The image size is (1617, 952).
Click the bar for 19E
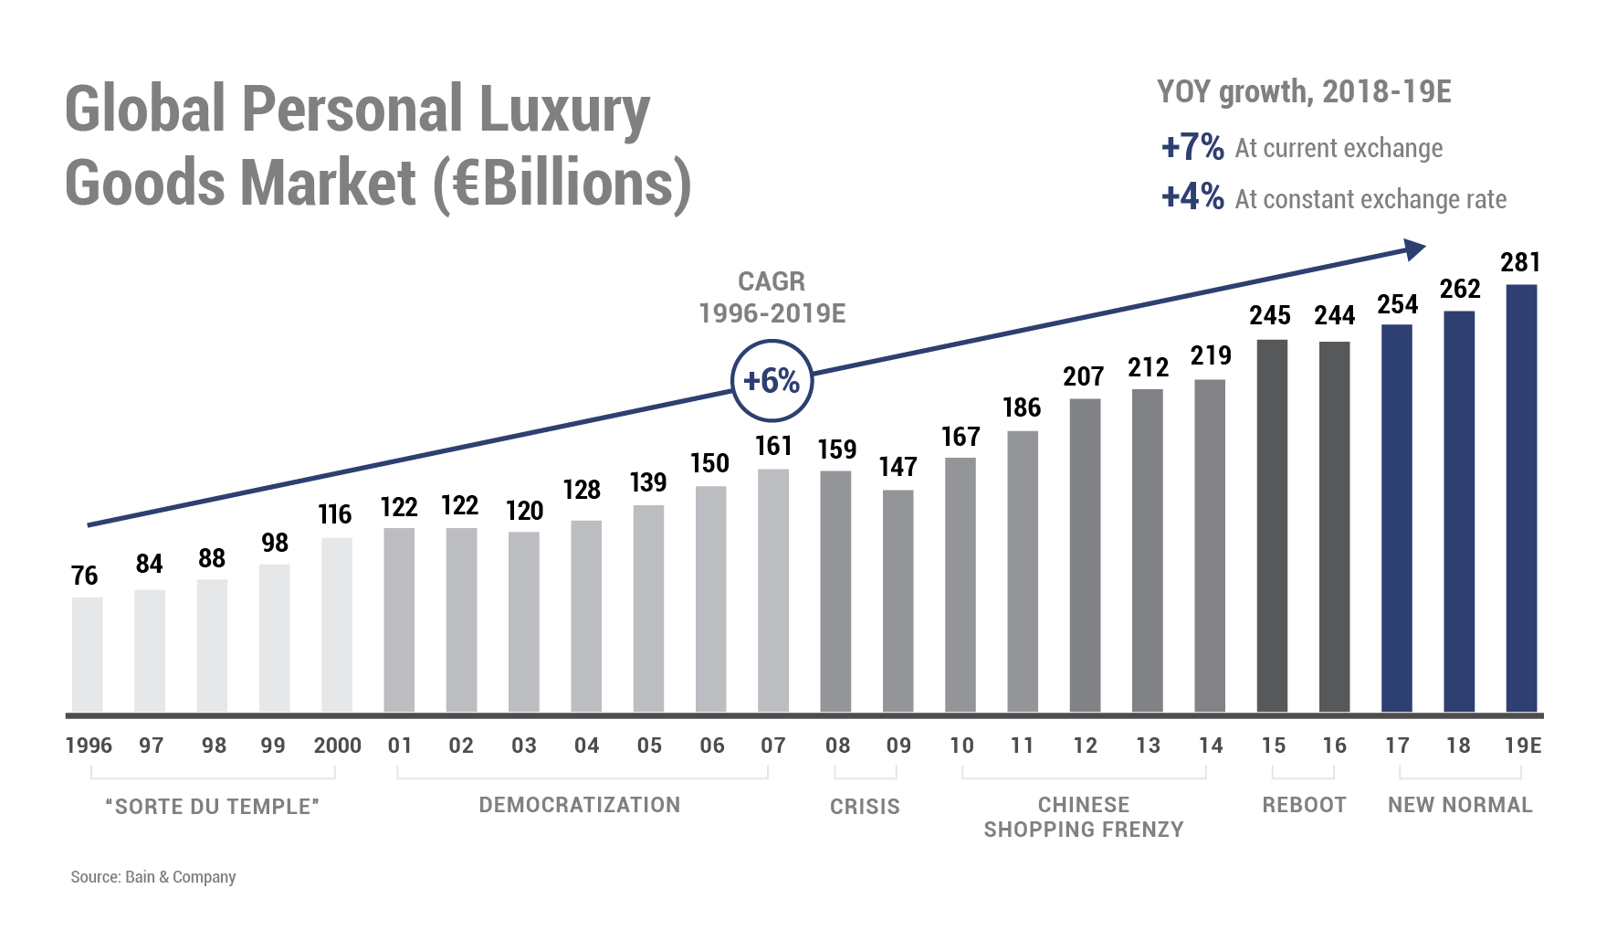(x=1521, y=498)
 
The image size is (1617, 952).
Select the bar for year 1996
(x=88, y=654)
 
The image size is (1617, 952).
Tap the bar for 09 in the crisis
(x=898, y=600)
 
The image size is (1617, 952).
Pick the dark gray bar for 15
(x=1272, y=525)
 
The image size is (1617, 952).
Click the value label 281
(x=1520, y=263)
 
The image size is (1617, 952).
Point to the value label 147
(x=898, y=467)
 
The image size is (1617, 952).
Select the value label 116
(x=335, y=514)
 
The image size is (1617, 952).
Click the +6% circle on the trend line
(x=772, y=380)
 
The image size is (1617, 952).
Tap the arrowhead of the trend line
(x=1414, y=249)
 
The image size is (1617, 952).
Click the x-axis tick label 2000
(x=337, y=746)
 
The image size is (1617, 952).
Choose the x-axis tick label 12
(x=1085, y=746)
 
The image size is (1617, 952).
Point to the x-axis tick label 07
(x=773, y=746)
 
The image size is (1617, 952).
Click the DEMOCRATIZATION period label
(x=580, y=805)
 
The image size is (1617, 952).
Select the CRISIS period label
(x=865, y=807)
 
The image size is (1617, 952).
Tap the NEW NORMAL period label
(x=1460, y=805)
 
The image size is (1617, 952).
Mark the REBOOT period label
(x=1304, y=805)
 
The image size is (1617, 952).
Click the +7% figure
(x=1192, y=147)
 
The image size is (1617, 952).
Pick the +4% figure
(x=1192, y=197)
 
